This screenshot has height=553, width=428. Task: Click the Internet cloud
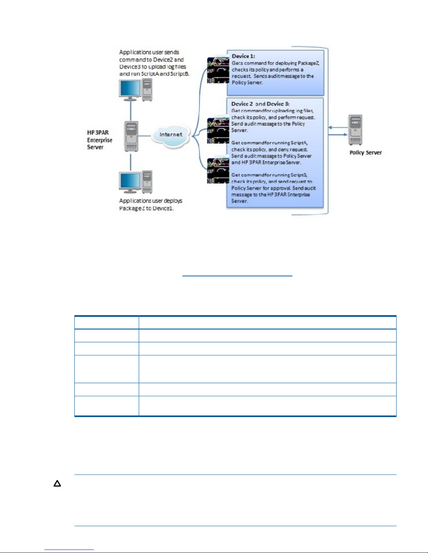[x=171, y=136]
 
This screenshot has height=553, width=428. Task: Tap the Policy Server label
[x=365, y=153]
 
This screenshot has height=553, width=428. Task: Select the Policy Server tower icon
[x=355, y=130]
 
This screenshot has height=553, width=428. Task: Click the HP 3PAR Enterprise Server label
[x=100, y=140]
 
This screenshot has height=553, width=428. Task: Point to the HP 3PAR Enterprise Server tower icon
[x=131, y=136]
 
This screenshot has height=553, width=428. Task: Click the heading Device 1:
[x=243, y=56]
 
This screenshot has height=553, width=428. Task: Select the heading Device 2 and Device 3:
[x=260, y=104]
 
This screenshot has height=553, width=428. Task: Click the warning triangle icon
[x=57, y=484]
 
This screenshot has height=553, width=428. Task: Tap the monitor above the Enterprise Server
[x=130, y=90]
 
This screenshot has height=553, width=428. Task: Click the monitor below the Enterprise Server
[x=130, y=182]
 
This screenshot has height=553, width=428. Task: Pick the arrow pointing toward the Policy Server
[x=338, y=134]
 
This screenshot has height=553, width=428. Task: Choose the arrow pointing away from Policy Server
[x=338, y=127]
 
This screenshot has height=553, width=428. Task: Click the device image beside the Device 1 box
[x=218, y=70]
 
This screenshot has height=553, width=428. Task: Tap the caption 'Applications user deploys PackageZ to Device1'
[x=151, y=204]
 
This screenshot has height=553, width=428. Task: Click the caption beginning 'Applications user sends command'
[x=154, y=63]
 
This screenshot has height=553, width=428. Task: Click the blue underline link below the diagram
[x=237, y=276]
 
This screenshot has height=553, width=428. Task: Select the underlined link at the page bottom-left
[x=69, y=550]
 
